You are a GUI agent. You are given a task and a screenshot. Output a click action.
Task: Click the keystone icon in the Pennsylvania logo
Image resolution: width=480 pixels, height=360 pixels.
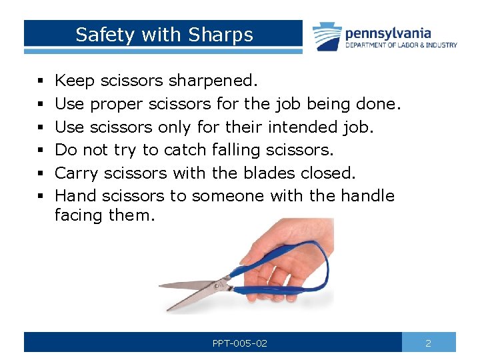coord(327,36)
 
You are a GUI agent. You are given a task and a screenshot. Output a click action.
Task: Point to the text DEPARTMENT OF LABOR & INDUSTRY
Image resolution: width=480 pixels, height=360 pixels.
coord(401,45)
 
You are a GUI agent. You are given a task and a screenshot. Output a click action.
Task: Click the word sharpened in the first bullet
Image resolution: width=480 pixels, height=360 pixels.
coord(212,81)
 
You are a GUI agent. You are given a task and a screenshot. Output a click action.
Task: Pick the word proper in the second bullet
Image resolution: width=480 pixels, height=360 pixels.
coord(117,104)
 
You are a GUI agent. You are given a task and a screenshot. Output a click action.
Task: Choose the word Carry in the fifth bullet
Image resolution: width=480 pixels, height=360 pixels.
coord(77,173)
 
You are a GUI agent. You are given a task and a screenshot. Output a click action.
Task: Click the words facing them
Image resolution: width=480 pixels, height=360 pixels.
coord(105,215)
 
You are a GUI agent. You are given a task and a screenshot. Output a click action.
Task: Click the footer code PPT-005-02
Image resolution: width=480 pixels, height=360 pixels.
coord(239,343)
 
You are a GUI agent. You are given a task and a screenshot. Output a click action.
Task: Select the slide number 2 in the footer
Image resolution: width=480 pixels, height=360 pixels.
coord(429,343)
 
